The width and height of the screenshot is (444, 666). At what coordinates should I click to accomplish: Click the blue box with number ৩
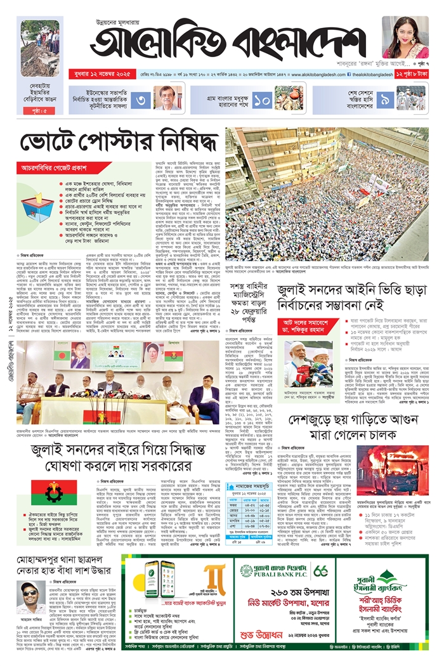[141, 99]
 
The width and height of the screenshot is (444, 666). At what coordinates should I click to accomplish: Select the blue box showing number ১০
[262, 99]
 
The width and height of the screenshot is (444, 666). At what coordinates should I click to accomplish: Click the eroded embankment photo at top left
[41, 48]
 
